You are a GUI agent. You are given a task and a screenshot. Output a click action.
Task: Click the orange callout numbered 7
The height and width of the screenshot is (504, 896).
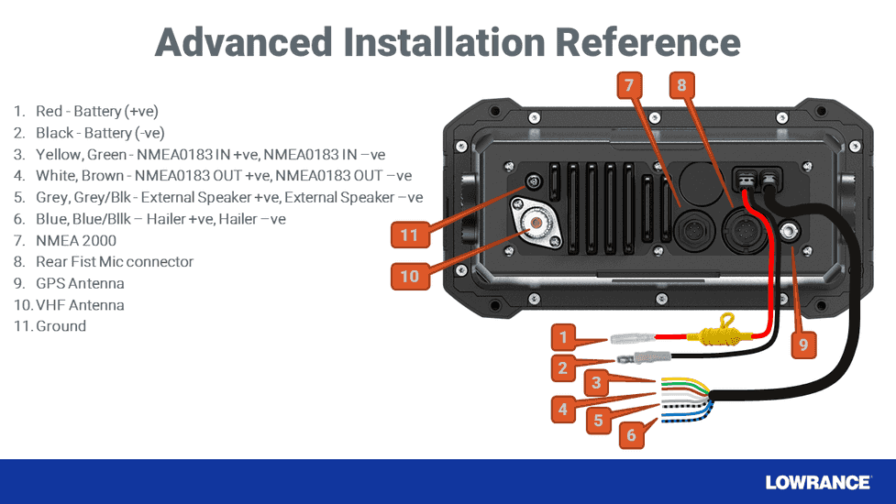click(628, 85)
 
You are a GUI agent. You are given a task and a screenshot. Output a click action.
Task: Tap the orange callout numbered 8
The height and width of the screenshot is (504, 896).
click(681, 85)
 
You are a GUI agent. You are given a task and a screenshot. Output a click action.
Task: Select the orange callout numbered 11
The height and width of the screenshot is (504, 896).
click(409, 235)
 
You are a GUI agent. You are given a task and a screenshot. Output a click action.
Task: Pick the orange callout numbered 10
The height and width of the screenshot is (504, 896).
click(409, 275)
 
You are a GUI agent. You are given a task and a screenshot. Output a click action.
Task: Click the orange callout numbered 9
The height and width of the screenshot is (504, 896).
click(803, 345)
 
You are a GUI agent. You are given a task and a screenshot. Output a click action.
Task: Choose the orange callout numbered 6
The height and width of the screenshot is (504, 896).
click(632, 435)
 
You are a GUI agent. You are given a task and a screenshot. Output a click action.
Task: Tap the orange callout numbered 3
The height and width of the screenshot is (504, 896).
click(596, 381)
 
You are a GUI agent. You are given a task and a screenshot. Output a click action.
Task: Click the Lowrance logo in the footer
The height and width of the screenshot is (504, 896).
click(817, 482)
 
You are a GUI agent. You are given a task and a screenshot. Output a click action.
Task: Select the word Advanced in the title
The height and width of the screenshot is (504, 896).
click(244, 42)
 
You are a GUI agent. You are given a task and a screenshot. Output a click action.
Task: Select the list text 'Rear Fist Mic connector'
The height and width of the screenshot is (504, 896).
click(115, 261)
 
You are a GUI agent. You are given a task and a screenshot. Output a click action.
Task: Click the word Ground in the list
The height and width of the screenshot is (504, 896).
click(61, 325)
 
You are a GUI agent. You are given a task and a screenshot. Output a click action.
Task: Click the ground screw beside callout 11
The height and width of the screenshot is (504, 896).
click(529, 183)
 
